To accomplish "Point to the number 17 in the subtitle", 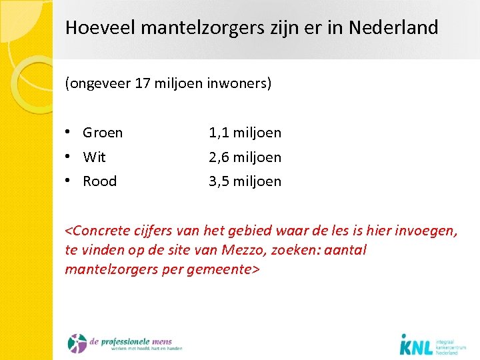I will point(141,85).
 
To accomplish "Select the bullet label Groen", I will point(103,133).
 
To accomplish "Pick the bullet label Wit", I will point(94,157).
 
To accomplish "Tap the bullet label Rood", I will point(99,181).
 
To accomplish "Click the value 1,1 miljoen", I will point(245,133).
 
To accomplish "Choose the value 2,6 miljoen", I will point(245,157).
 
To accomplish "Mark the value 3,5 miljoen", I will point(245,181).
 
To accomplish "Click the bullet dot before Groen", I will point(69,132).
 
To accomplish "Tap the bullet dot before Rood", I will point(69,181).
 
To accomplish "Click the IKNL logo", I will point(432,343).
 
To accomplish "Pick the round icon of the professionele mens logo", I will point(77,343).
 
